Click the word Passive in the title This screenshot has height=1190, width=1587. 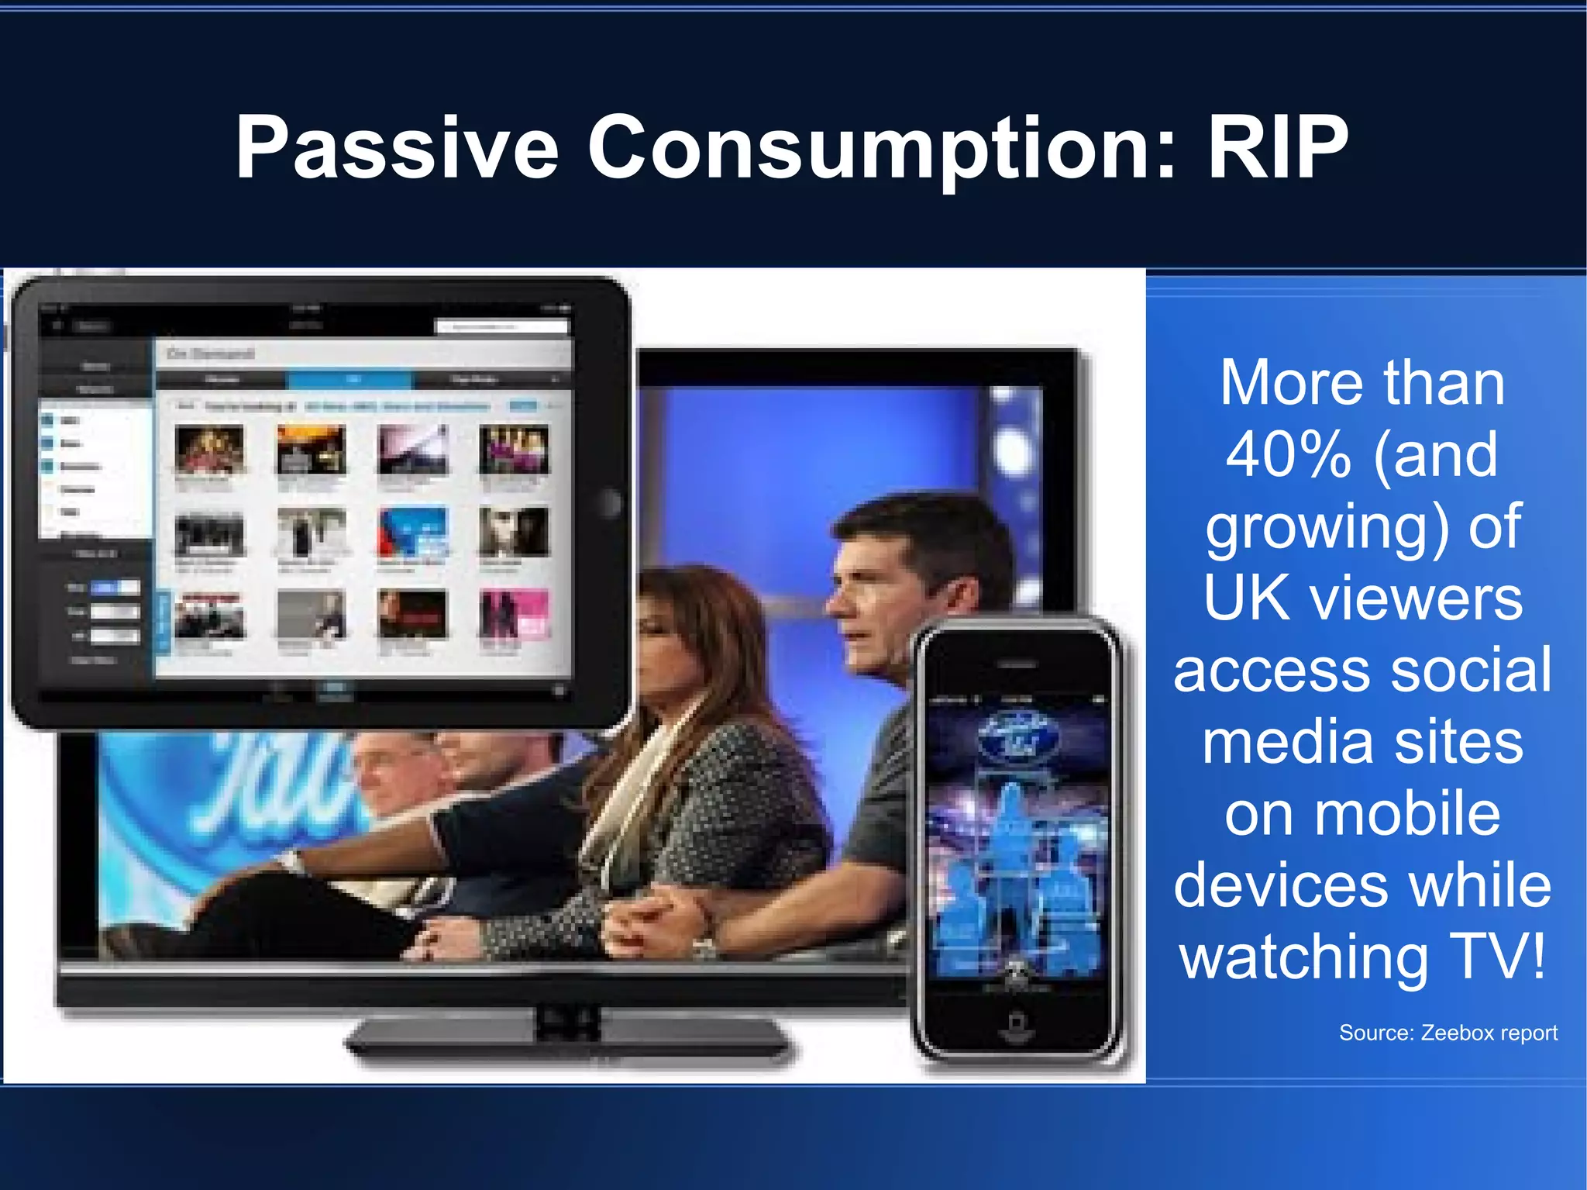pos(397,147)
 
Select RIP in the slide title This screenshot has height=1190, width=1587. pos(1279,147)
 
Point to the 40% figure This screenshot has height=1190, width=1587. pos(1288,455)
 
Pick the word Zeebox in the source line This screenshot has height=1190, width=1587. pos(1458,1033)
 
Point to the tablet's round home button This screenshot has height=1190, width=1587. pos(611,504)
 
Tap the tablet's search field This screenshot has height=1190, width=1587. pos(504,326)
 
